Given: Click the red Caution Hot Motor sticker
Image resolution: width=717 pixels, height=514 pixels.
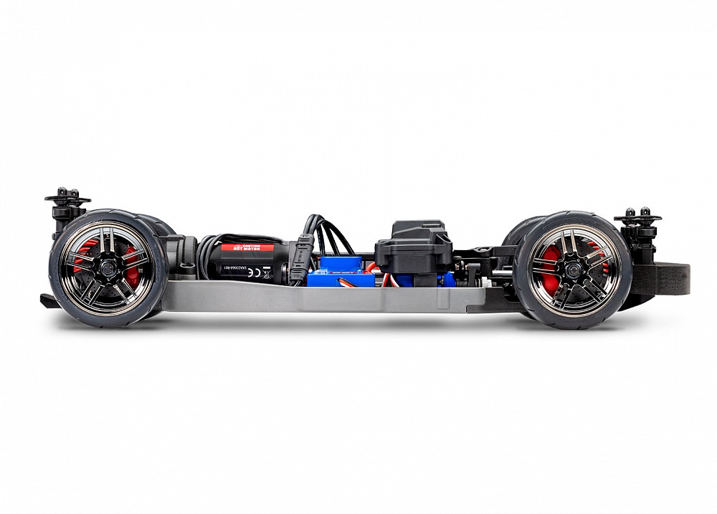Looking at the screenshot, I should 247,247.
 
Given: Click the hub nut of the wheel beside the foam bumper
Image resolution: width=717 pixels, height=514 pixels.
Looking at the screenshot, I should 573,270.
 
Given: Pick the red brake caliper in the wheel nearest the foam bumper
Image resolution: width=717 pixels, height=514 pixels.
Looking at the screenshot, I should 549,271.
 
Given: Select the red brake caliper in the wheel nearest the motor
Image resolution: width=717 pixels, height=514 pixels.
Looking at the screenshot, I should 130,258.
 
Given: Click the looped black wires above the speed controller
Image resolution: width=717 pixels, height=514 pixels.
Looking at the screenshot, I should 326,233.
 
